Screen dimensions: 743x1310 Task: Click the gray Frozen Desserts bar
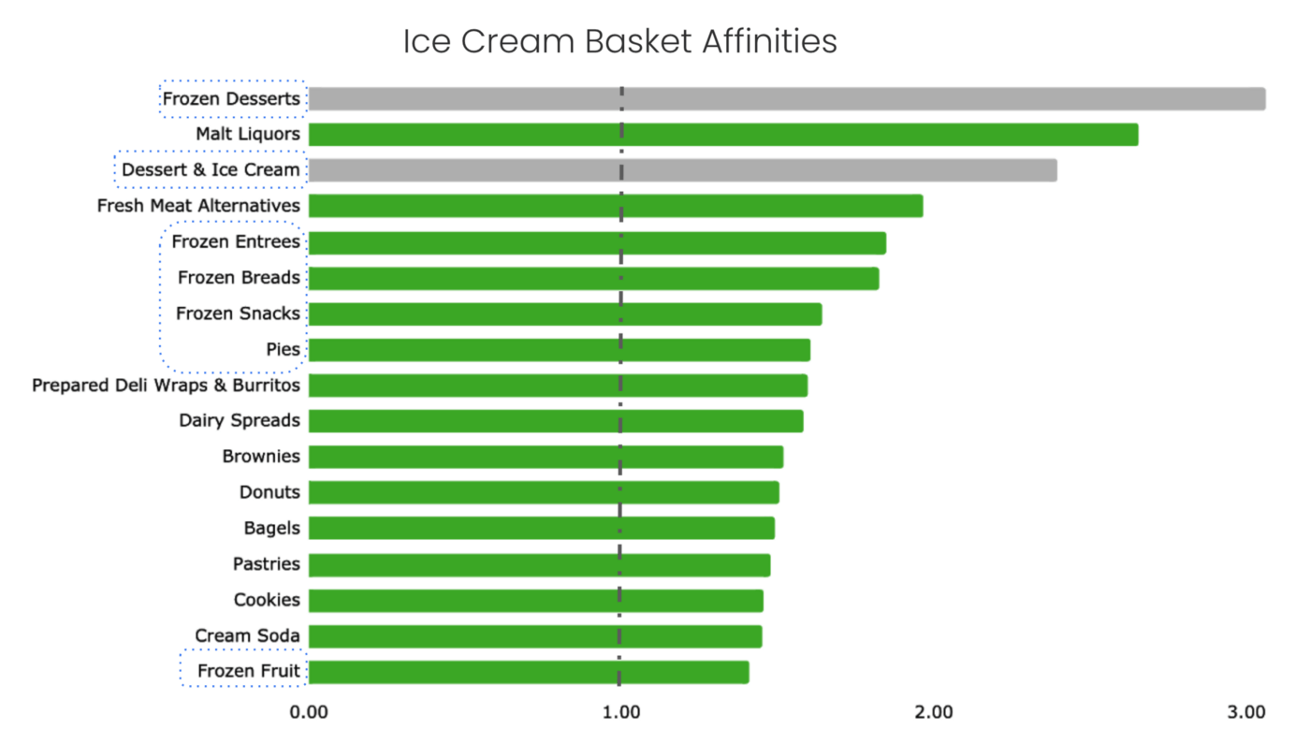pyautogui.click(x=786, y=98)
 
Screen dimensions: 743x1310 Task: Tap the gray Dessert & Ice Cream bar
pyautogui.click(x=682, y=170)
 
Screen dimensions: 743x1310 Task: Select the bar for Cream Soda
pyautogui.click(x=534, y=636)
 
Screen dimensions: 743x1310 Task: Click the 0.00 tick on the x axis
pyautogui.click(x=309, y=712)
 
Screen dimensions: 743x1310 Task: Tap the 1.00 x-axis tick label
pyautogui.click(x=620, y=712)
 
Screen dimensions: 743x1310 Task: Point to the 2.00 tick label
pyautogui.click(x=933, y=712)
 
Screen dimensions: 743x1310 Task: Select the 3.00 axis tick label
pyautogui.click(x=1246, y=712)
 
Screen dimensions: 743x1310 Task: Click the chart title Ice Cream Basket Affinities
pyautogui.click(x=619, y=42)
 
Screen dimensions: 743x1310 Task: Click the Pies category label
pyautogui.click(x=283, y=350)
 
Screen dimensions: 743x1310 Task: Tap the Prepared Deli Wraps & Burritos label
pyautogui.click(x=166, y=386)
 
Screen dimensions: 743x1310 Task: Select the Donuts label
pyautogui.click(x=269, y=492)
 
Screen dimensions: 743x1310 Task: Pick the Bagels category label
pyautogui.click(x=271, y=528)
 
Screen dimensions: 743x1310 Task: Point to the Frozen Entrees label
pyautogui.click(x=236, y=241)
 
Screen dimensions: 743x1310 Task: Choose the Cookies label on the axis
pyautogui.click(x=267, y=600)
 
